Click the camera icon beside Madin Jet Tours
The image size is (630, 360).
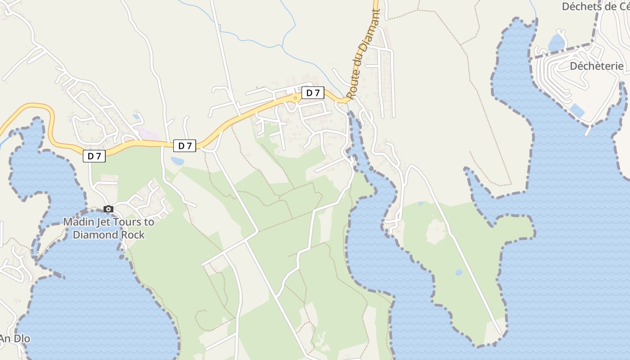108,209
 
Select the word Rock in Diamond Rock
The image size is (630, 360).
133,234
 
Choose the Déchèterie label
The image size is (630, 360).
597,66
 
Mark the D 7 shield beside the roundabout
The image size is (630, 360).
313,93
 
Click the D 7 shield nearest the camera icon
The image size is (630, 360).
94,156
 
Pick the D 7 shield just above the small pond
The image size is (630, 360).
185,145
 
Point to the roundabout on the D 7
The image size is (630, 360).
295,97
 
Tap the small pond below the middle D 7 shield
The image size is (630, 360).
177,161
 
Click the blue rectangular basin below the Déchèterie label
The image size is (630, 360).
577,111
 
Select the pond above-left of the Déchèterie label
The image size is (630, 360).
557,43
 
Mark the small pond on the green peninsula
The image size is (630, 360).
459,272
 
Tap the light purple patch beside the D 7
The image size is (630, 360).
147,133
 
